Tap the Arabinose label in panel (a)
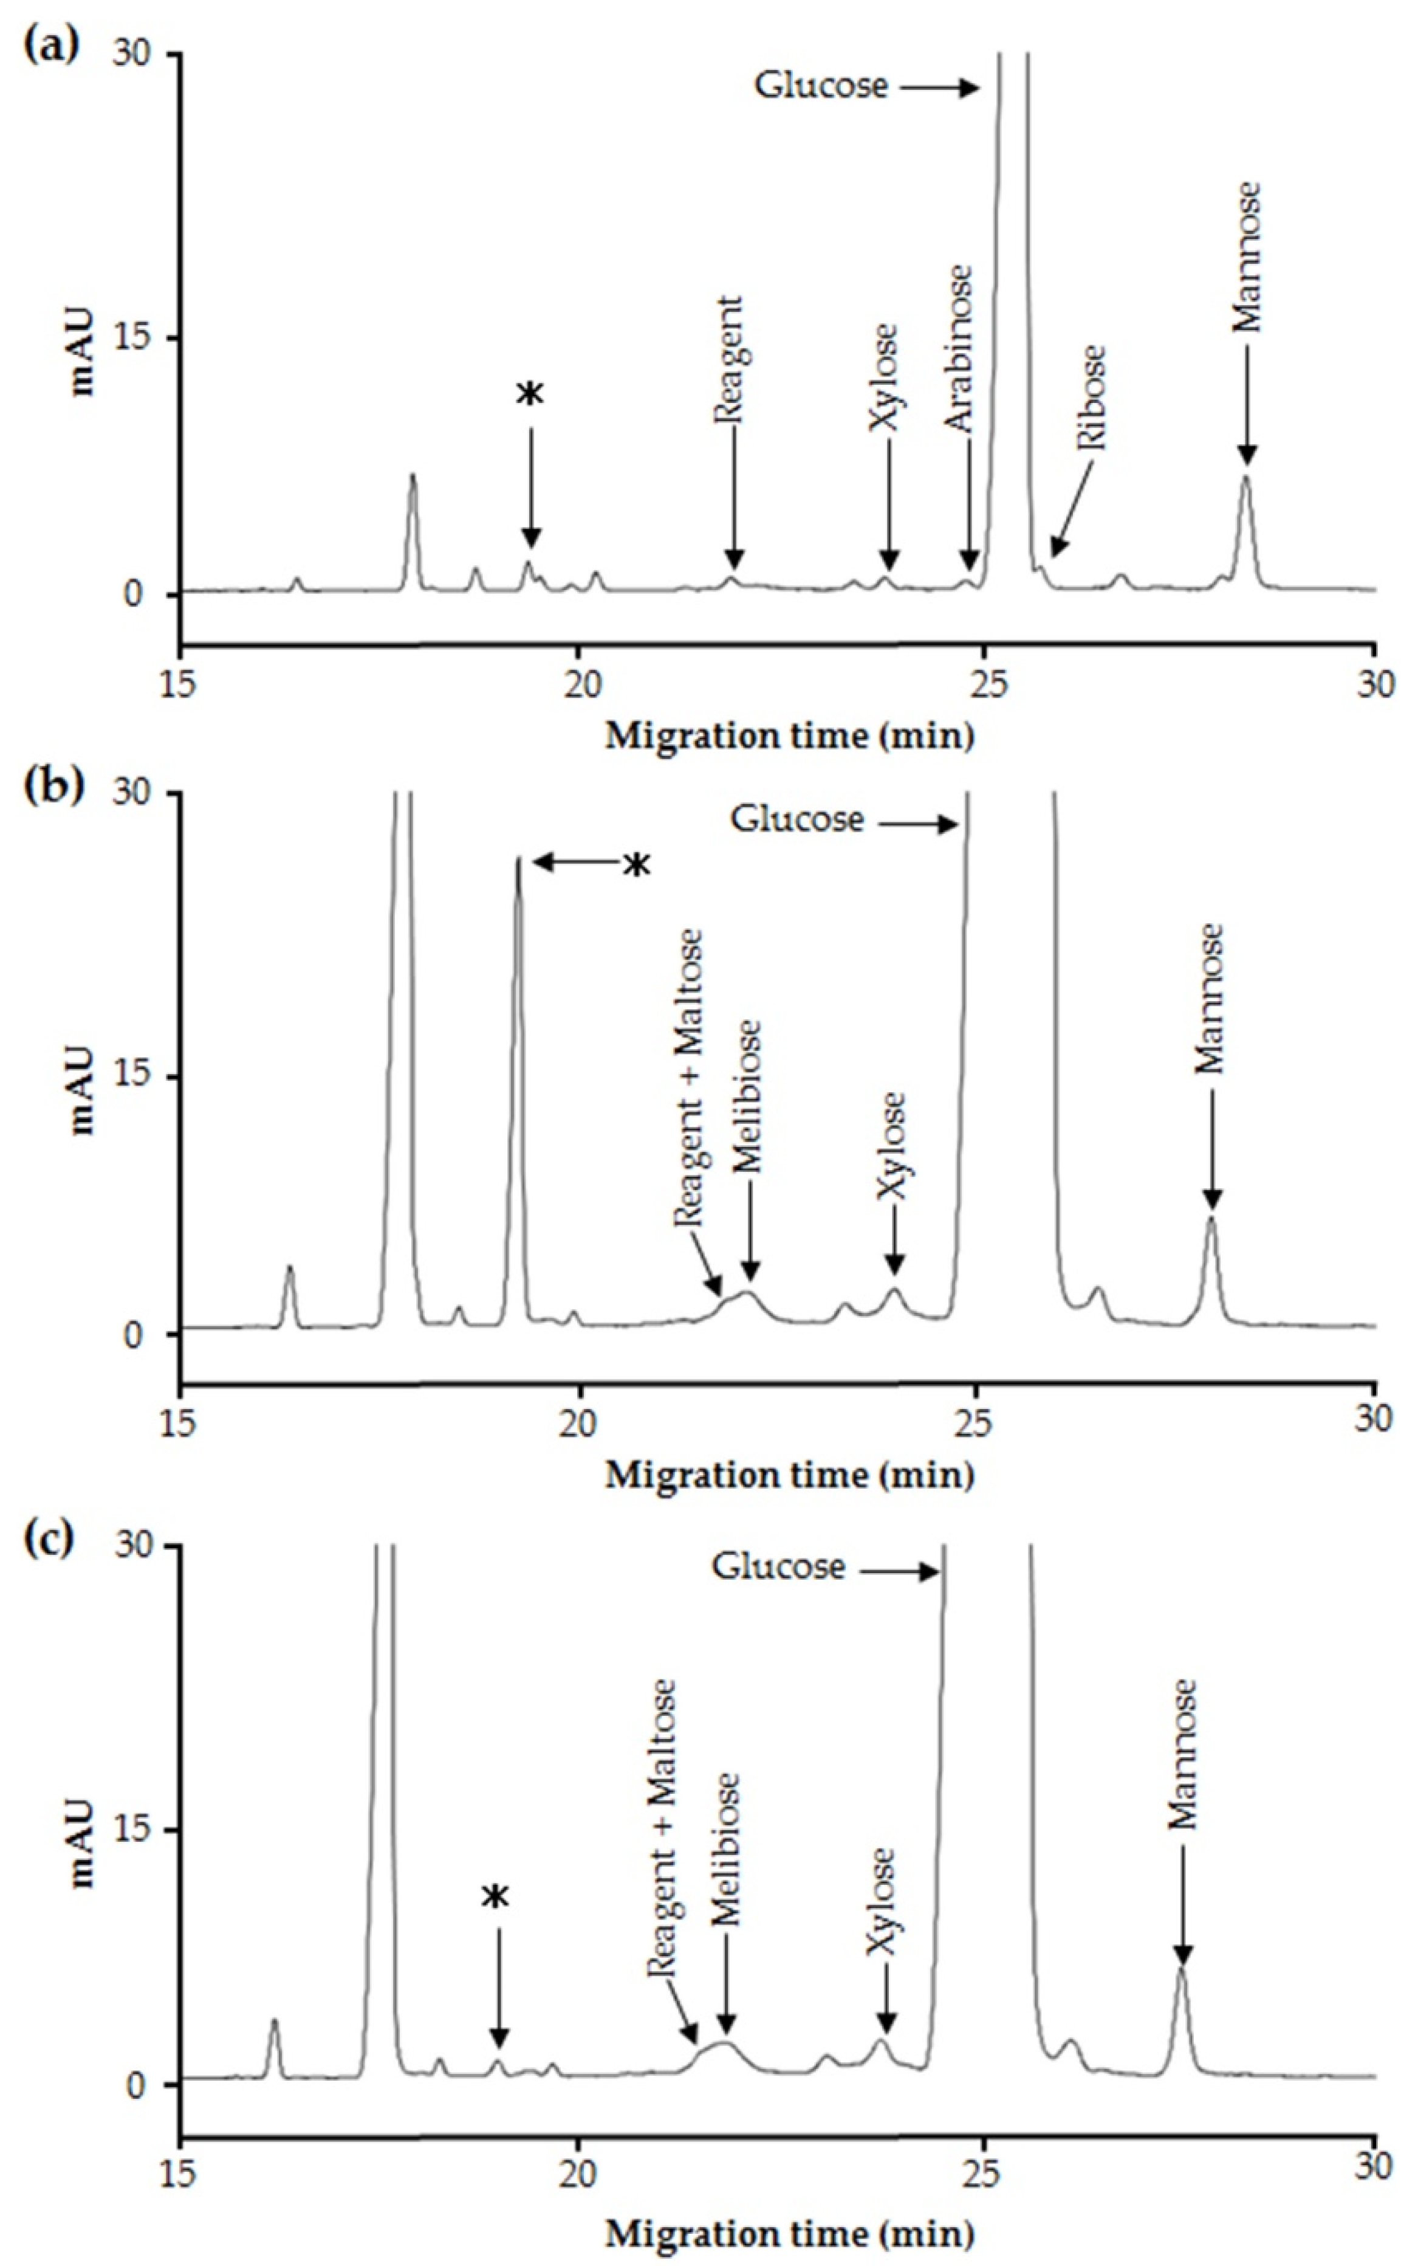point(960,350)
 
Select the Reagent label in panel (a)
point(729,360)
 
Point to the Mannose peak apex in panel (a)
point(1246,477)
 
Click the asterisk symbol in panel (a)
point(530,394)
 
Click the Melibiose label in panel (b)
point(748,1097)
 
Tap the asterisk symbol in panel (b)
point(635,866)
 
